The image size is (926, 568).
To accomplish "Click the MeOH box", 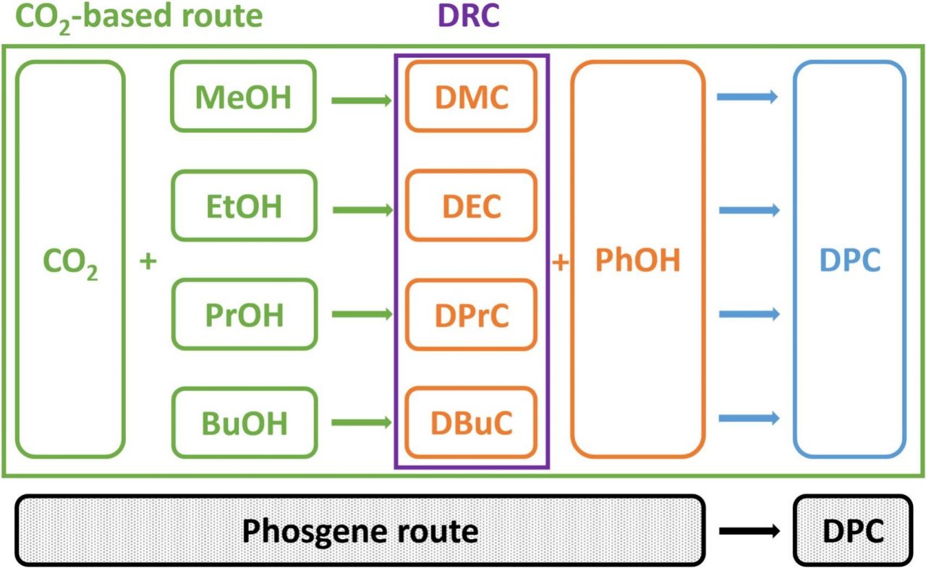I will pos(243,97).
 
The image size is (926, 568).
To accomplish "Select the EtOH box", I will pos(243,206).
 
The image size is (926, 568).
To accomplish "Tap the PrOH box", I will pos(243,315).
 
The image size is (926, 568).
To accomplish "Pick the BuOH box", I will pos(243,423).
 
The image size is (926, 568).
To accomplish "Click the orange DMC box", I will pos(471,97).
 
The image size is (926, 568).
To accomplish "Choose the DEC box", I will pos(471,206).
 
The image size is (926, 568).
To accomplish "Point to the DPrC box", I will pos(471,315).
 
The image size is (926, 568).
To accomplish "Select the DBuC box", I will pos(471,423).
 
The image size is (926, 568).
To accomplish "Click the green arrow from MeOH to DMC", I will pos(361,101).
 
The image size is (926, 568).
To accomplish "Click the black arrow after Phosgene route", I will pos(748,531).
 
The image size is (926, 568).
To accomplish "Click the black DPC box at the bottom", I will pos(853,531).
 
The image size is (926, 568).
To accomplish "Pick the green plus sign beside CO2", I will pos(148,261).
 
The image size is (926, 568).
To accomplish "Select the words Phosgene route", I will pos(360,531).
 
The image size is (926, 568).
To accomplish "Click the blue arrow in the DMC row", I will pos(747,96).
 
